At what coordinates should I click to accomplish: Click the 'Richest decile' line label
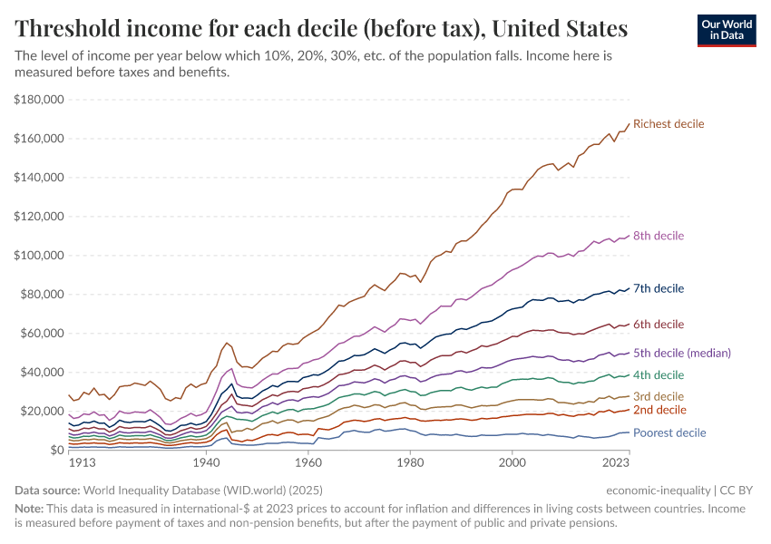tap(668, 123)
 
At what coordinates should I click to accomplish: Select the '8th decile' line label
tap(659, 236)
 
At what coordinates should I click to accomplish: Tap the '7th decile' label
tap(659, 288)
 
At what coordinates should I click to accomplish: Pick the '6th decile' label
tap(659, 325)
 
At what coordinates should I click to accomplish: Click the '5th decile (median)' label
tap(682, 353)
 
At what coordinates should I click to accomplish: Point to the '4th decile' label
tap(659, 375)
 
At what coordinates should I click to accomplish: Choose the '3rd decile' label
tap(659, 396)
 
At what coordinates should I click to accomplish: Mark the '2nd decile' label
tap(659, 410)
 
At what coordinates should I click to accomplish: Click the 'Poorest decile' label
tap(669, 433)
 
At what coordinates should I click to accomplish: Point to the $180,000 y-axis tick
tap(38, 100)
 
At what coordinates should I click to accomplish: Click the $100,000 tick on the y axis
tap(38, 256)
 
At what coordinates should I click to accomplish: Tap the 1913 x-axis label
tap(83, 462)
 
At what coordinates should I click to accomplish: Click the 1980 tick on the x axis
tap(410, 462)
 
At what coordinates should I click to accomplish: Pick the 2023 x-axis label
tap(616, 462)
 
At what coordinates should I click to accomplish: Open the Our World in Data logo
tap(726, 30)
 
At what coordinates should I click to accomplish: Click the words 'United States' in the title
tap(555, 29)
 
